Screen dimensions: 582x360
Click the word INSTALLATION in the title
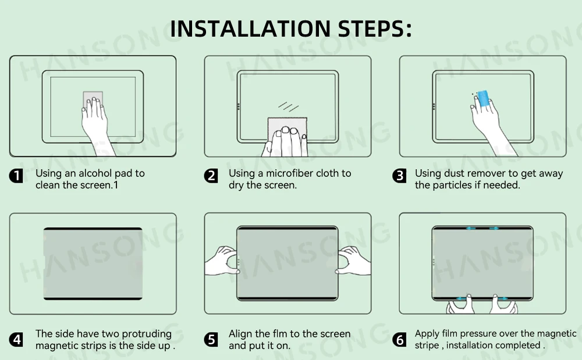(250, 28)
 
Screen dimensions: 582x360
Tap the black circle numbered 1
(16, 176)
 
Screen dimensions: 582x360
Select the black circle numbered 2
(211, 176)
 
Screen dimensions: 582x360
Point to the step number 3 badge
(399, 176)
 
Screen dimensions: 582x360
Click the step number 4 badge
(16, 339)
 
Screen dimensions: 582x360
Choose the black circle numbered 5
(211, 339)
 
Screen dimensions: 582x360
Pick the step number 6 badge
(399, 339)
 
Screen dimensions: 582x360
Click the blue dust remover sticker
(483, 99)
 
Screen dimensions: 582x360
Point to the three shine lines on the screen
(289, 106)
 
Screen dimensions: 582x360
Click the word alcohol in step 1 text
(95, 173)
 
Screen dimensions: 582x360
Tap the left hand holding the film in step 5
(222, 261)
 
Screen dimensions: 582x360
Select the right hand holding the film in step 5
(353, 261)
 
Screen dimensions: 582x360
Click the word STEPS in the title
(374, 28)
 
